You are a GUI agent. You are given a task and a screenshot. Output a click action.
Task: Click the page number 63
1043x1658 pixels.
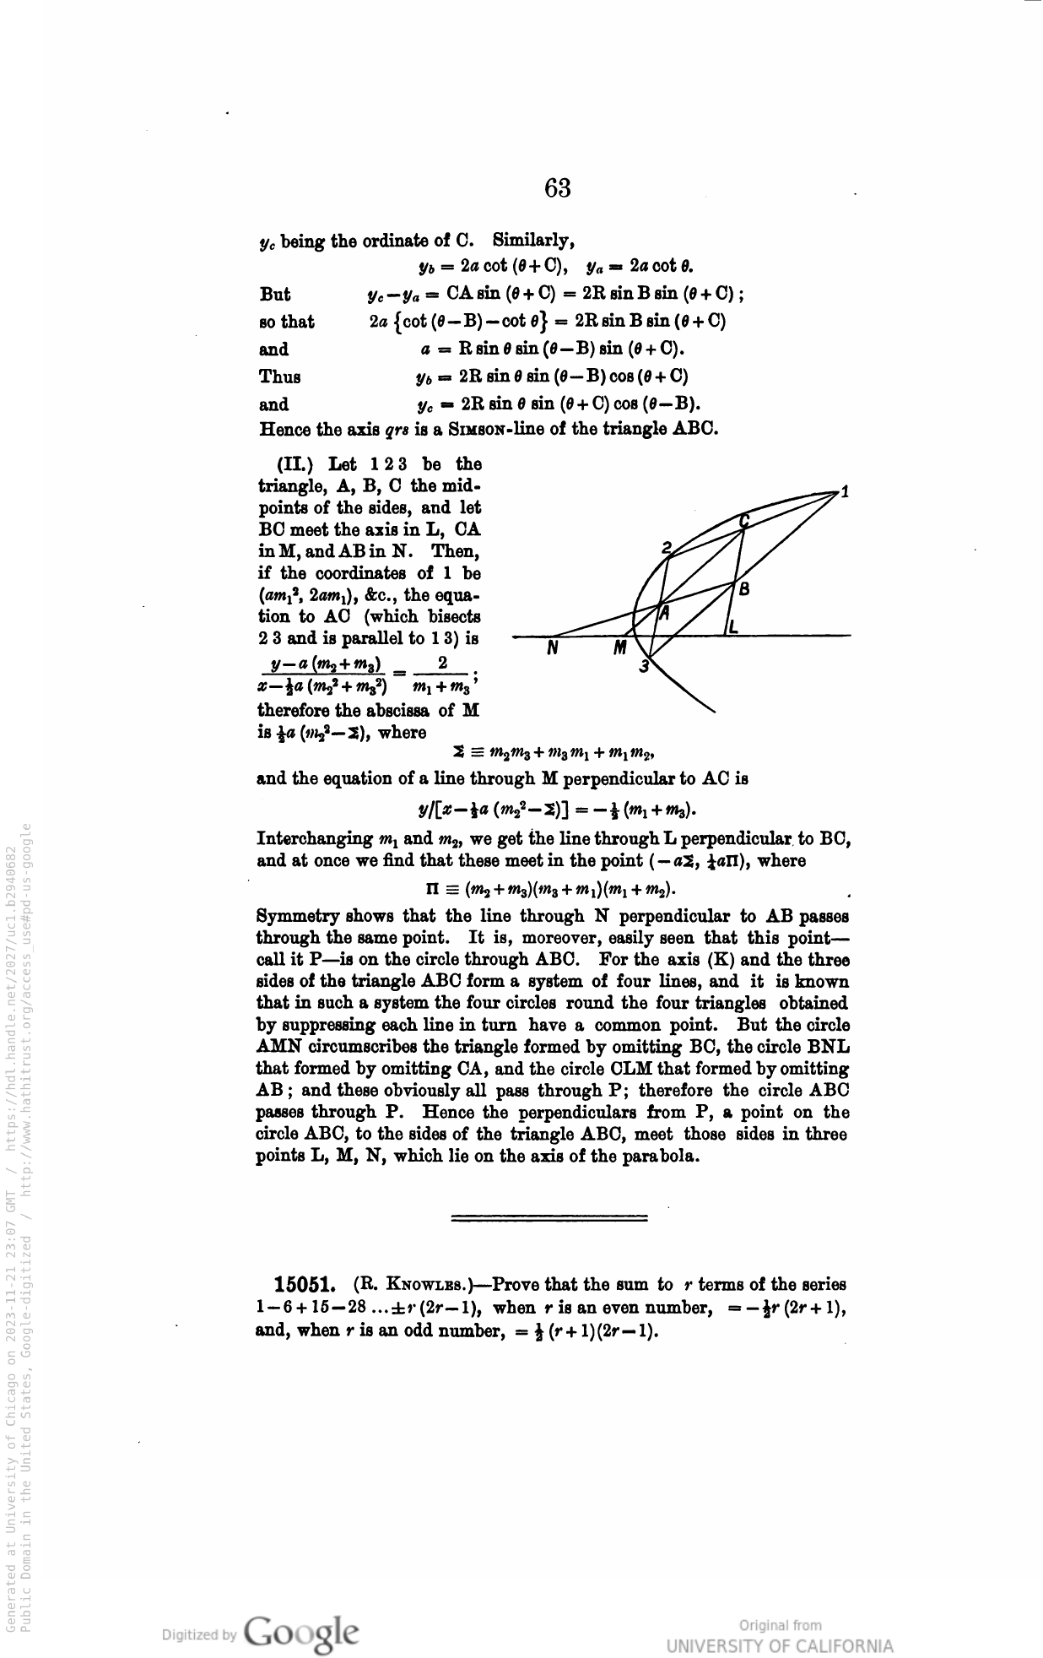[x=558, y=187]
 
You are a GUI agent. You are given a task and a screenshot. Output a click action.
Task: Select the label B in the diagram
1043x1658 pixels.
[x=744, y=589]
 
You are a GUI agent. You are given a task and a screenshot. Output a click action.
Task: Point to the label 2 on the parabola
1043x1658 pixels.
[x=666, y=547]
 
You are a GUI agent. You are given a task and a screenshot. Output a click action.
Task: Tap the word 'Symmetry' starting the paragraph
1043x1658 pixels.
[x=291, y=916]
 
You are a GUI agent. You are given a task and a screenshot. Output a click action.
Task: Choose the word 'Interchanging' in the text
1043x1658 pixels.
[x=312, y=839]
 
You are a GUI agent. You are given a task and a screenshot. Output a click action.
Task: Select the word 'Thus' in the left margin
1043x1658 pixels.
[x=279, y=377]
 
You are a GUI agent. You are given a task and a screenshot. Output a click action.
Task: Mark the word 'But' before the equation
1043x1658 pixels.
[x=275, y=295]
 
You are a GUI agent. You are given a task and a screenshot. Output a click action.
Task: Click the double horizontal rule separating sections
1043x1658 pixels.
[x=549, y=1218]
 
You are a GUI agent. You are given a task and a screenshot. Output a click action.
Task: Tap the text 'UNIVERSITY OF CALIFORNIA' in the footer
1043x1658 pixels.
[x=779, y=1646]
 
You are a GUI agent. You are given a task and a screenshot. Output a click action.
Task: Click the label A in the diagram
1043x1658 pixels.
[x=664, y=613]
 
